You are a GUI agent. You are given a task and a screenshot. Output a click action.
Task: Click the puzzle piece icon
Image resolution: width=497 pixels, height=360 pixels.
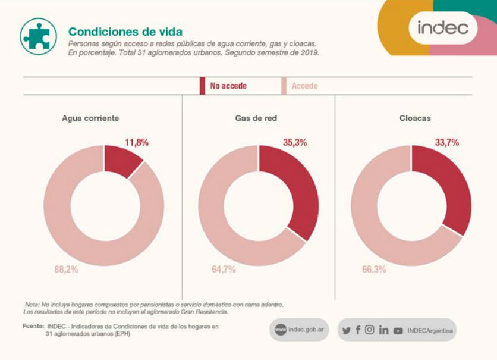point(38,36)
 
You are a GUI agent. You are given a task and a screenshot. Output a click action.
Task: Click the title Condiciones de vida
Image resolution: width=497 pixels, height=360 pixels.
point(125,32)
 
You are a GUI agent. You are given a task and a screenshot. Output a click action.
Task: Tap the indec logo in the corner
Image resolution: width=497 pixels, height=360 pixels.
point(442,27)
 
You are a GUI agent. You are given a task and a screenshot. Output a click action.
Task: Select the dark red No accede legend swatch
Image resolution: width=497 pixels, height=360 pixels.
point(203,86)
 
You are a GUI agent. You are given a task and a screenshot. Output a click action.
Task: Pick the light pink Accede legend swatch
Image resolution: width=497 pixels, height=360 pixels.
point(284,86)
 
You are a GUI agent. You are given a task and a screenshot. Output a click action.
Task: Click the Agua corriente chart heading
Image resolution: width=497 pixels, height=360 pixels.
point(90,118)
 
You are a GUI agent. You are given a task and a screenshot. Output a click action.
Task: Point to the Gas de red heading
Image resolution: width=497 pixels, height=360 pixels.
point(256,118)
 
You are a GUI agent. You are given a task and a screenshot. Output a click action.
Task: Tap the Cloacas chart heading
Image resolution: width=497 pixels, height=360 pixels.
point(415,118)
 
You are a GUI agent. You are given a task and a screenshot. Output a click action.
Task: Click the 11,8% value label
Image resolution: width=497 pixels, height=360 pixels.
point(136,143)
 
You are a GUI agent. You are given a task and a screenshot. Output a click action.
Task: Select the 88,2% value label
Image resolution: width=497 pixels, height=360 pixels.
point(66,269)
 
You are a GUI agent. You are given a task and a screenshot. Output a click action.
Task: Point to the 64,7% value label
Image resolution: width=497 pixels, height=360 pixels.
point(224,269)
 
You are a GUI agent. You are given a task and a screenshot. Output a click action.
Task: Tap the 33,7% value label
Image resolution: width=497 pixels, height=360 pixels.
point(446,143)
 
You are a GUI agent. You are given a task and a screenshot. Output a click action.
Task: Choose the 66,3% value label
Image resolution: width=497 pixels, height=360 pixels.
point(374,269)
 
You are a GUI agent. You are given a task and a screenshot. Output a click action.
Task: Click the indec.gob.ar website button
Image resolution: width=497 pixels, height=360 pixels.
point(298,330)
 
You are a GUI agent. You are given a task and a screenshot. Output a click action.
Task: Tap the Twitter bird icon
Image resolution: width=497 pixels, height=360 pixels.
point(346,330)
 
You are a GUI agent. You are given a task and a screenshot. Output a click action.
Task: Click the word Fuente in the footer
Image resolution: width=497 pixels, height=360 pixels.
point(33,326)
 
